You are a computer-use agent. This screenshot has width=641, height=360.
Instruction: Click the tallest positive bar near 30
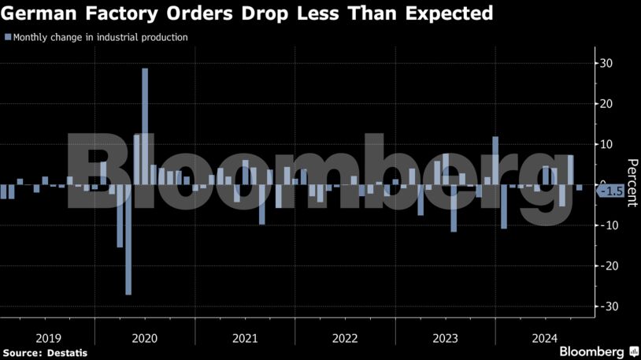coord(145,126)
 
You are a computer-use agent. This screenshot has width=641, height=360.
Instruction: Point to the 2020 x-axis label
coord(146,338)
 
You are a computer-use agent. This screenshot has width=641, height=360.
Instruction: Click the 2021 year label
coord(245,338)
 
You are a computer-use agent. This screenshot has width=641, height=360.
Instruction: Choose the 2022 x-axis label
coord(345,338)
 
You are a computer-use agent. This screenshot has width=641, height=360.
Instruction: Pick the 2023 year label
coord(445,338)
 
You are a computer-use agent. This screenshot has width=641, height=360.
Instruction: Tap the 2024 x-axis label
coord(544,338)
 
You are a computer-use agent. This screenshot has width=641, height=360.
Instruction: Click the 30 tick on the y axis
coord(607,63)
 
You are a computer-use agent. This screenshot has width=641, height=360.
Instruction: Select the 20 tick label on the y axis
coord(607,104)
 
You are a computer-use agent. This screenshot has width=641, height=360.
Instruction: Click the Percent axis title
coord(632,182)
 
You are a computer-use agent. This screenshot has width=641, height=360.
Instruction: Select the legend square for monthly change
coord(7,37)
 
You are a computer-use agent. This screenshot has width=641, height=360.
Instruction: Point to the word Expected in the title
coord(450,13)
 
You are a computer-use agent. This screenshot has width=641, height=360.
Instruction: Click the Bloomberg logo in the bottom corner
coord(592,351)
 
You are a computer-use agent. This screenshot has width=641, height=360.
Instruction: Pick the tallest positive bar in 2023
coord(495,161)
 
